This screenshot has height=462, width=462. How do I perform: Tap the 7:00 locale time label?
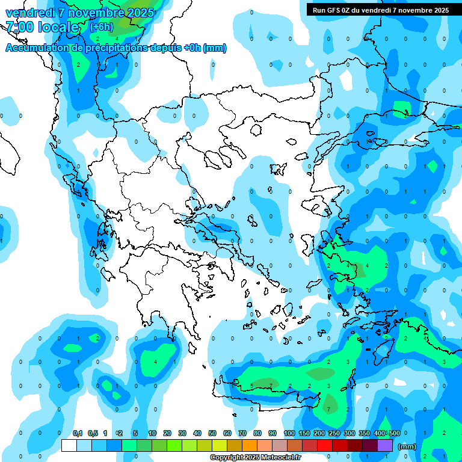[x=42, y=27]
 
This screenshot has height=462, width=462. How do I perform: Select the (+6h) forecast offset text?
[x=101, y=27]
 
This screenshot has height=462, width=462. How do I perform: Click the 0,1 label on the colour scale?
[x=78, y=433]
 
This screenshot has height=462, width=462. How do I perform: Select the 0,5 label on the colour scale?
[x=93, y=433]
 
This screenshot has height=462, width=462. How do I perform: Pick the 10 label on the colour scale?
[x=152, y=433]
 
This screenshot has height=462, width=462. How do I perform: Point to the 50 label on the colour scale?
[x=212, y=433]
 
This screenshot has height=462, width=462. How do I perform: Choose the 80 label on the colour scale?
[x=257, y=433]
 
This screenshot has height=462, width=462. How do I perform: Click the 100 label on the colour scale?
[x=289, y=433]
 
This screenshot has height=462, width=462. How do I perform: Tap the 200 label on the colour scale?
[x=319, y=433]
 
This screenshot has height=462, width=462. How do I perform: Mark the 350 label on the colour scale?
[x=365, y=433]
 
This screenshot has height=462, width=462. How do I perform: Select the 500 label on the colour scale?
[x=395, y=433]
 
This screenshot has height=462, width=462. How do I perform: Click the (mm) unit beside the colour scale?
[x=407, y=446]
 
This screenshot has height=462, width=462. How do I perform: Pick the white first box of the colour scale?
[x=69, y=446]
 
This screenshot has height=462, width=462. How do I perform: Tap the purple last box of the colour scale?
[x=385, y=446]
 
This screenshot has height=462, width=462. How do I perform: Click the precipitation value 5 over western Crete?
[x=251, y=386]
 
